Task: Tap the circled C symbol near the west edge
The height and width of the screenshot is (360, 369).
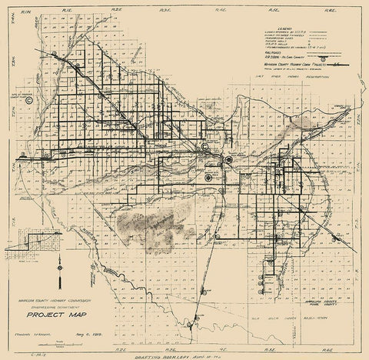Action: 29,99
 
